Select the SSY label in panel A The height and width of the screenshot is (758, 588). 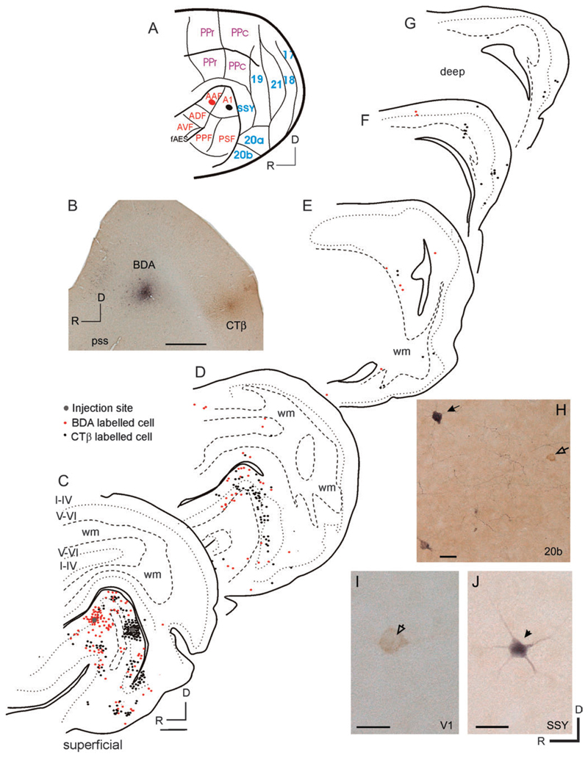251,108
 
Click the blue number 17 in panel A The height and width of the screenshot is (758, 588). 288,54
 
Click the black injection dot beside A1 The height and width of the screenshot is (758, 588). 230,107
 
